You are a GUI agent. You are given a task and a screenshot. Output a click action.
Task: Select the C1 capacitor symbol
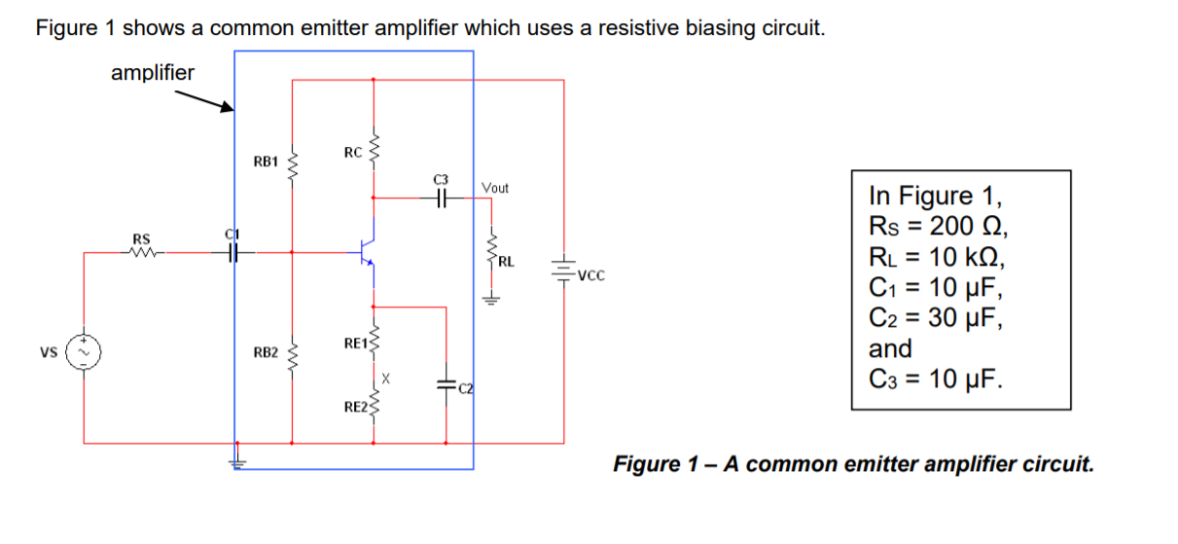(232, 252)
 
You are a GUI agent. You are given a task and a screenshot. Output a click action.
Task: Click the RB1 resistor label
(266, 161)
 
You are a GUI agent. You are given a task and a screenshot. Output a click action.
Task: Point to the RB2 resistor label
(266, 351)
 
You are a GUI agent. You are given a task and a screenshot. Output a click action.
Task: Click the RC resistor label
(353, 152)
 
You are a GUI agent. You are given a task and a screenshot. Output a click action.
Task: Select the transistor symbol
(368, 252)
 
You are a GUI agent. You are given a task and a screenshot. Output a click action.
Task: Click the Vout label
(494, 187)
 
